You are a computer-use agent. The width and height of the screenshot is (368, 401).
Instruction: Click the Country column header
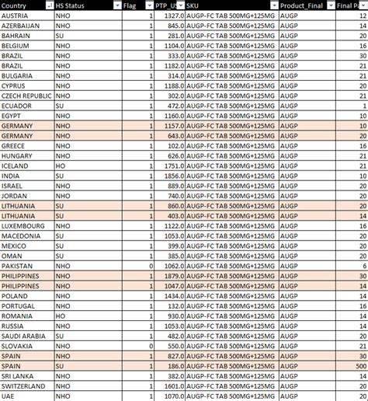[x=19, y=5]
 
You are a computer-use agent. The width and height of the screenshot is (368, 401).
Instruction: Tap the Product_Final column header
[x=304, y=5]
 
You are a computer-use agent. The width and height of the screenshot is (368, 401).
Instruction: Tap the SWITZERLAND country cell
[x=23, y=386]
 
